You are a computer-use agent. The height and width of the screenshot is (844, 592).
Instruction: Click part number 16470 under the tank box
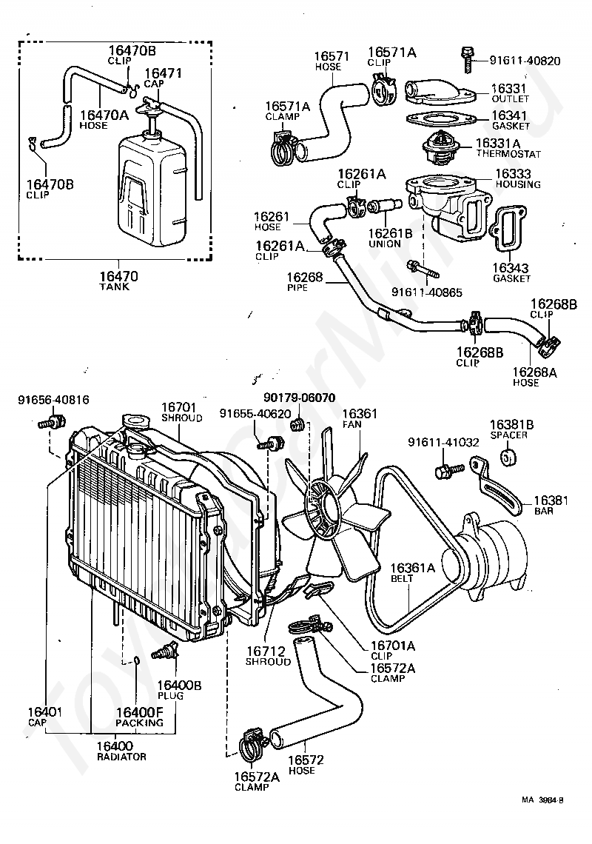coord(118,276)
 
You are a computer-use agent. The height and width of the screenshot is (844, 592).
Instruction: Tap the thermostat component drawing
coord(441,146)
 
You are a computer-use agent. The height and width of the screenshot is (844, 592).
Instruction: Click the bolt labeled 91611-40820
coord(468,60)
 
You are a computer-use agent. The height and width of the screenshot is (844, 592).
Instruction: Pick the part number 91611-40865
coord(427,292)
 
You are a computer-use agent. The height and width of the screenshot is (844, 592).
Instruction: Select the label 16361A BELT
coord(412,573)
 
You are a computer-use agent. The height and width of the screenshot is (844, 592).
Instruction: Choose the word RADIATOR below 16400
coord(121,757)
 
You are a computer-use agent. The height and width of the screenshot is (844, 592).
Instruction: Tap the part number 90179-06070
coord(299,398)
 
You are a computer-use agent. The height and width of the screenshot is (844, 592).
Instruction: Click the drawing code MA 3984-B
coord(542,815)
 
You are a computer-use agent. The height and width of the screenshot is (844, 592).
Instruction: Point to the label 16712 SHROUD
coord(268,656)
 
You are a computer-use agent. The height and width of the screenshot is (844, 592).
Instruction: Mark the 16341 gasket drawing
coord(440,119)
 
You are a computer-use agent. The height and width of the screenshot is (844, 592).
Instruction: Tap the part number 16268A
coord(534,372)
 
